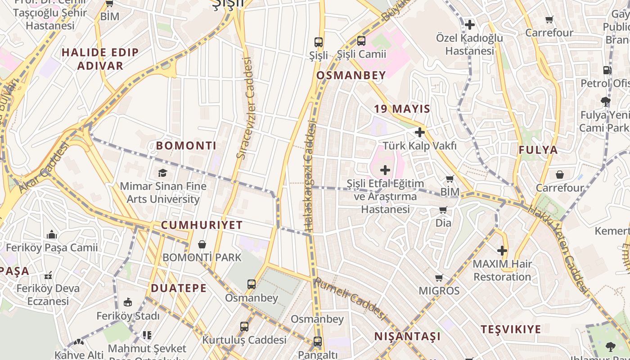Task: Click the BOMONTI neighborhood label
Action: pyautogui.click(x=186, y=146)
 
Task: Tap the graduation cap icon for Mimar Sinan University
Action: pyautogui.click(x=162, y=173)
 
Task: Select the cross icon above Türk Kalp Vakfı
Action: pyautogui.click(x=420, y=132)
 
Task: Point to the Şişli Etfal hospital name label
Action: pyautogui.click(x=385, y=197)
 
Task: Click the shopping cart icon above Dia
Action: pyautogui.click(x=443, y=210)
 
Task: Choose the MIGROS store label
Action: pyautogui.click(x=439, y=291)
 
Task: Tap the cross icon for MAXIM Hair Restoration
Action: pyautogui.click(x=502, y=251)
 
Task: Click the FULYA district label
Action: pyautogui.click(x=538, y=150)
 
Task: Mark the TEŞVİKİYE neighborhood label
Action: pyautogui.click(x=511, y=329)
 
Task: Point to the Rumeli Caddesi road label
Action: pyautogui.click(x=351, y=299)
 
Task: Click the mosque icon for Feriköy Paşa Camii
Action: pyautogui.click(x=52, y=235)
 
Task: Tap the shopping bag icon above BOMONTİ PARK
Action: pyautogui.click(x=202, y=244)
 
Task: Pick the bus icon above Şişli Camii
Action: pyautogui.click(x=361, y=41)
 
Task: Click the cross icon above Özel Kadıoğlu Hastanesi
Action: pyautogui.click(x=470, y=25)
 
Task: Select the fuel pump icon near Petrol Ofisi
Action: pyautogui.click(x=607, y=70)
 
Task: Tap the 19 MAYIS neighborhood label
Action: pyautogui.click(x=402, y=109)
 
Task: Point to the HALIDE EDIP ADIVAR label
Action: pyautogui.click(x=100, y=59)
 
